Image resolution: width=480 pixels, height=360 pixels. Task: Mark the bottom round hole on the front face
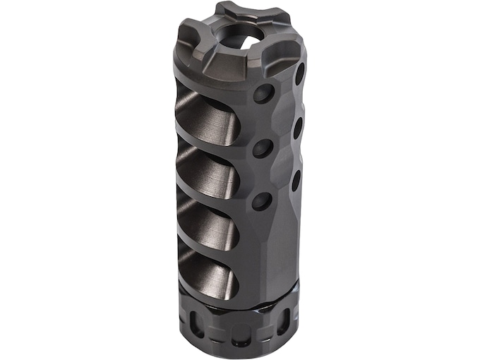click(260, 201)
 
